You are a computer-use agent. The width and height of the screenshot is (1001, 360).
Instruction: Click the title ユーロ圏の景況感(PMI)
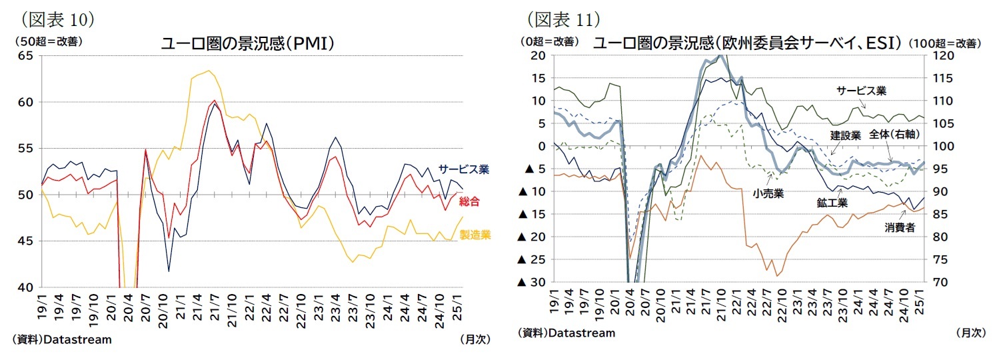click(x=247, y=44)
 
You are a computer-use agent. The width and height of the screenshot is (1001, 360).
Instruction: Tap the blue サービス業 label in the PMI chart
click(x=464, y=169)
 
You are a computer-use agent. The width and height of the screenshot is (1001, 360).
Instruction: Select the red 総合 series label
click(x=469, y=201)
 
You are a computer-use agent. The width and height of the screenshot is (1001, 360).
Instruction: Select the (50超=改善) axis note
click(x=47, y=41)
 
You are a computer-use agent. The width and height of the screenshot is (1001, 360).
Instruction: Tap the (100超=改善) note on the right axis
click(x=946, y=43)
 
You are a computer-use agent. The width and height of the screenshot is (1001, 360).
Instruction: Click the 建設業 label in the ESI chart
click(x=844, y=135)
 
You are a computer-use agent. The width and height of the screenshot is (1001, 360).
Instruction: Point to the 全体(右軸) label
click(x=895, y=134)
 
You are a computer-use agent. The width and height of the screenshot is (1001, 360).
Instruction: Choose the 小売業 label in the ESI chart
click(x=768, y=193)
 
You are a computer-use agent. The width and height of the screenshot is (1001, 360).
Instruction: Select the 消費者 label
click(x=900, y=227)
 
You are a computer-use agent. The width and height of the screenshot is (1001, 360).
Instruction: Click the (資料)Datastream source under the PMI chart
click(x=62, y=339)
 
